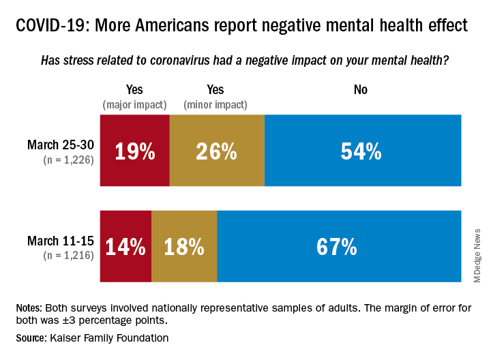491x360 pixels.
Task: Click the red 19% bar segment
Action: click(x=135, y=151)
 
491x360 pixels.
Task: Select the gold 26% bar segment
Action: click(x=217, y=151)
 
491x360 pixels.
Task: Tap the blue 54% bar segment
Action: click(x=362, y=151)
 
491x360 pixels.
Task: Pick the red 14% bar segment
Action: click(x=125, y=246)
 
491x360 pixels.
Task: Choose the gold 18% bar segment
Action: click(x=184, y=246)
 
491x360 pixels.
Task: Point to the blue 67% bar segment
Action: click(x=338, y=246)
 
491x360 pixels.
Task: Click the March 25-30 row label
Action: click(x=61, y=145)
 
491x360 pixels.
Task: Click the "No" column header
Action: click(x=361, y=90)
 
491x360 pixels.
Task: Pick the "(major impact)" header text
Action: click(x=134, y=104)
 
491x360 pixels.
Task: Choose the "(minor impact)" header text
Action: click(x=215, y=104)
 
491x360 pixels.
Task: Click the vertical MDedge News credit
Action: click(x=477, y=255)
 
